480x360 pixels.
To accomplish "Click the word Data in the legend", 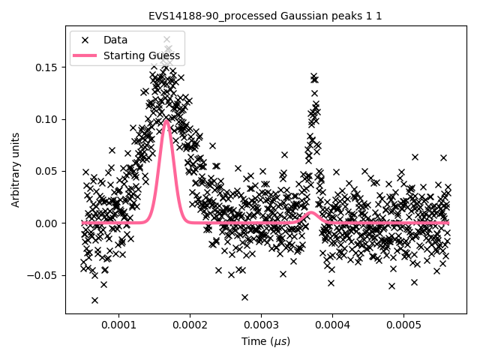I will (x=115, y=40).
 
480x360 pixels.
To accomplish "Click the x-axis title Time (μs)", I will (x=265, y=341).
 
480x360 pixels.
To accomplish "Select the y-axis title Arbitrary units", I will (x=16, y=169).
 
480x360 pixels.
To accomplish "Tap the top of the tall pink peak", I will (x=166, y=121).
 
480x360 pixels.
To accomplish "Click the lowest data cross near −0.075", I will (x=94, y=300).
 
